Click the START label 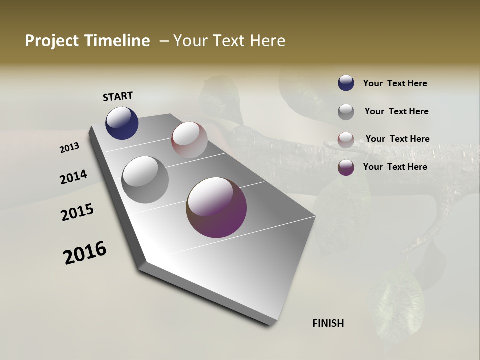pyautogui.click(x=118, y=96)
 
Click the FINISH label pyautogui.click(x=328, y=323)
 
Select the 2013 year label pyautogui.click(x=70, y=147)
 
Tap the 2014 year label pyautogui.click(x=73, y=177)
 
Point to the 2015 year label pyautogui.click(x=77, y=212)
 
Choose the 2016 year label pyautogui.click(x=85, y=253)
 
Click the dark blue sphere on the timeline pyautogui.click(x=122, y=123)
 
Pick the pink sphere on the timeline pyautogui.click(x=189, y=140)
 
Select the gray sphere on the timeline pyautogui.click(x=145, y=180)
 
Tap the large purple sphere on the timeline pyautogui.click(x=216, y=207)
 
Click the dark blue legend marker pyautogui.click(x=346, y=83)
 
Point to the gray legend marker pyautogui.click(x=346, y=112)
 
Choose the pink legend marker pyautogui.click(x=346, y=140)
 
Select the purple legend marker pyautogui.click(x=346, y=167)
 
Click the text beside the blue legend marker pyautogui.click(x=395, y=83)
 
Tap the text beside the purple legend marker pyautogui.click(x=395, y=167)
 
